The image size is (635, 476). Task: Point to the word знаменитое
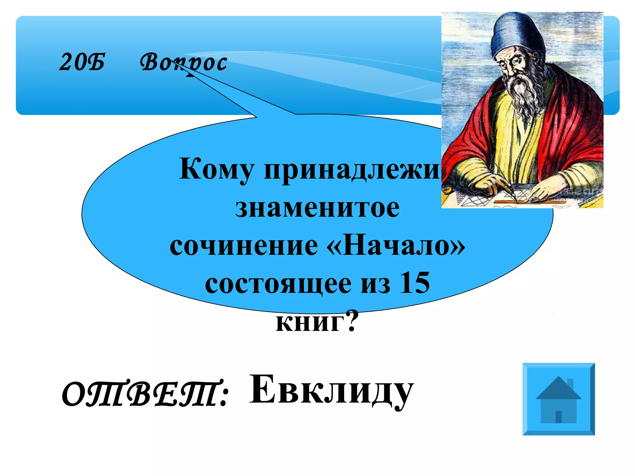(x=317, y=208)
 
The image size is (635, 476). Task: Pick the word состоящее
(x=278, y=283)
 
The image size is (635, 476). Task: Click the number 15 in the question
(x=415, y=283)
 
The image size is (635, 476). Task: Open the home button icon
(x=558, y=399)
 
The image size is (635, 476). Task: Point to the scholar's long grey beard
(x=524, y=93)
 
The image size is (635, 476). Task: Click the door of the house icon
(x=558, y=417)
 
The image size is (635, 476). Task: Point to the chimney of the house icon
(x=570, y=384)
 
